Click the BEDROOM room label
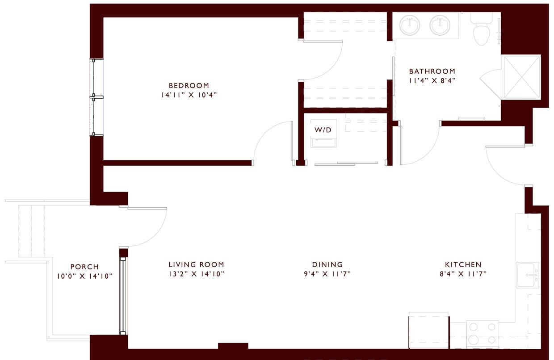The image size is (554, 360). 189,86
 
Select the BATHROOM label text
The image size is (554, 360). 432,71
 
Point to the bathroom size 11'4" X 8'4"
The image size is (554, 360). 432,81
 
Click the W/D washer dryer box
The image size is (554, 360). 324,133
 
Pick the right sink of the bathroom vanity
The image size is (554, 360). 441,25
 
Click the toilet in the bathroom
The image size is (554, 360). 481,31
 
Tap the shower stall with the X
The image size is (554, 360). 521,76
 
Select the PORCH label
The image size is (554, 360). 84,267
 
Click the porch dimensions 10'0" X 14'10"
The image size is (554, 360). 84,276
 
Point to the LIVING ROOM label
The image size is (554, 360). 196,265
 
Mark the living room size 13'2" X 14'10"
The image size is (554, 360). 196,274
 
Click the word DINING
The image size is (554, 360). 327,265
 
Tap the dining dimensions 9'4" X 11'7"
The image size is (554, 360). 327,274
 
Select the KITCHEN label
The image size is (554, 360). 463,265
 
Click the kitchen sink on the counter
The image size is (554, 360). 528,275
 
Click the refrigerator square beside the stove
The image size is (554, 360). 429,331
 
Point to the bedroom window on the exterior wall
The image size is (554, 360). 97,97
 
